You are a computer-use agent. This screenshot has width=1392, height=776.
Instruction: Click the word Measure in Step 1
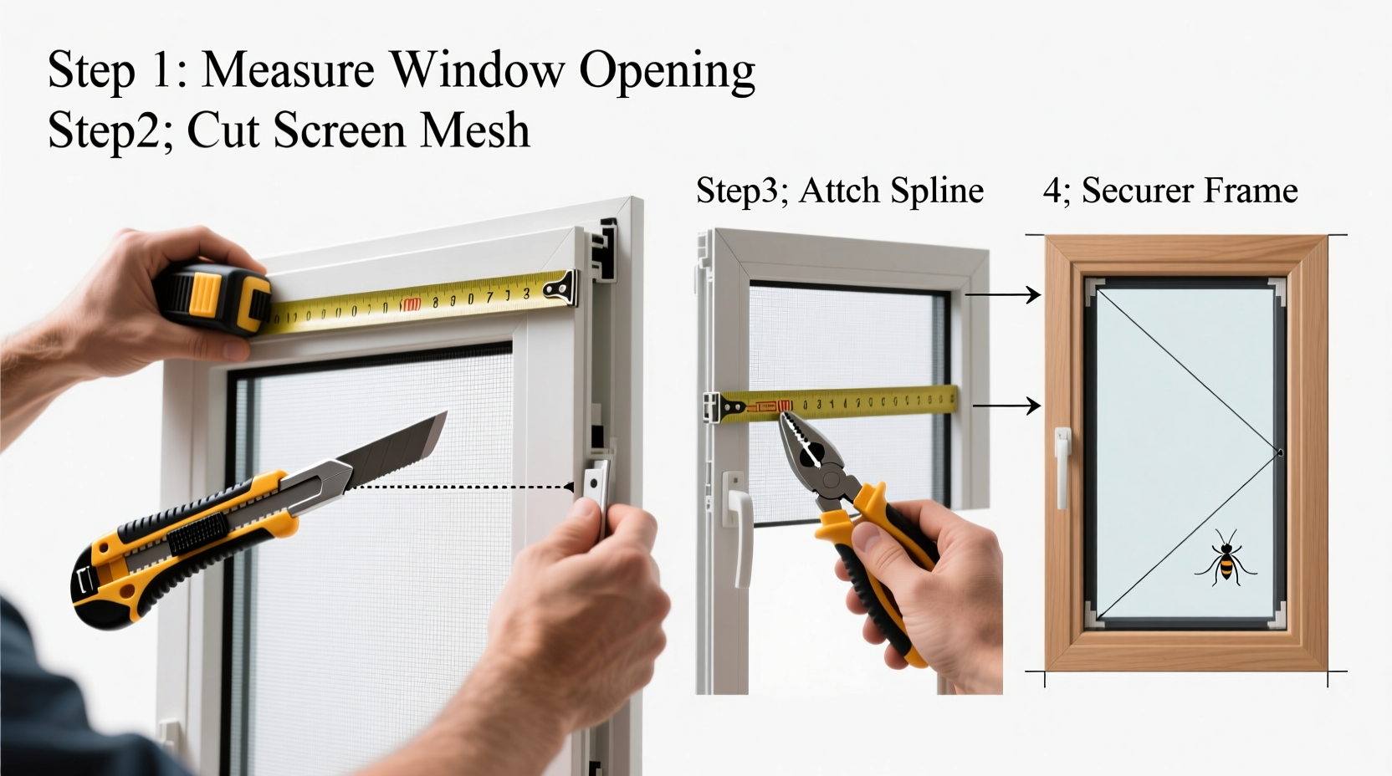click(x=289, y=69)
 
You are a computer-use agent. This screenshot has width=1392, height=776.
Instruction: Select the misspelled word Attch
click(x=840, y=191)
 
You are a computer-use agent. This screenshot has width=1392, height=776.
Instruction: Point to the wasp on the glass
click(x=1226, y=557)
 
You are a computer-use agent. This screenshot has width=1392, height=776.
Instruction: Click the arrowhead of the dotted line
click(x=569, y=487)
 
